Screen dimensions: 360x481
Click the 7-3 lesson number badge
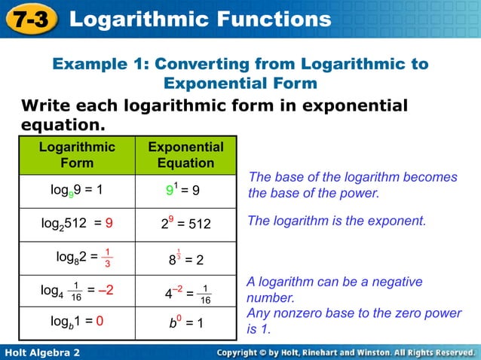click(x=29, y=19)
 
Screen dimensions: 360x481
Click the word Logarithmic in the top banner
click(x=139, y=19)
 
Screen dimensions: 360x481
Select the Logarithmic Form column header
click(x=77, y=154)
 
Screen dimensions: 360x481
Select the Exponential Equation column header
click(x=185, y=154)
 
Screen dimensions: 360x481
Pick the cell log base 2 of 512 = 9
click(x=77, y=223)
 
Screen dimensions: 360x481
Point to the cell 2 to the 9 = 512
click(x=185, y=224)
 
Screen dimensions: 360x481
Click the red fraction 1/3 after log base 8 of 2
click(x=108, y=258)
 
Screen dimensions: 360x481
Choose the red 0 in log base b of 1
click(x=100, y=322)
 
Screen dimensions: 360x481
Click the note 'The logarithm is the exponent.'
click(x=336, y=221)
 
